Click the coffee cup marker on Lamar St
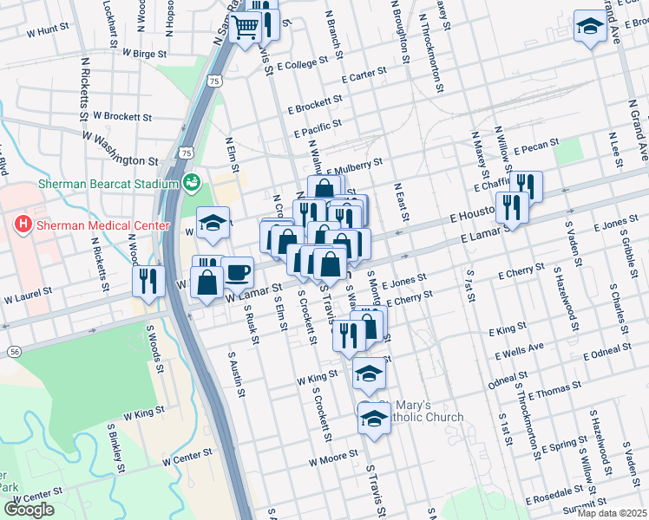[237, 271]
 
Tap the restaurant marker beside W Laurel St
[147, 281]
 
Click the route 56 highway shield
[16, 351]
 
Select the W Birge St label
[144, 53]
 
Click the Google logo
[29, 510]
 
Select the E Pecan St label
[530, 149]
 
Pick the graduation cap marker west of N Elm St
[212, 223]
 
